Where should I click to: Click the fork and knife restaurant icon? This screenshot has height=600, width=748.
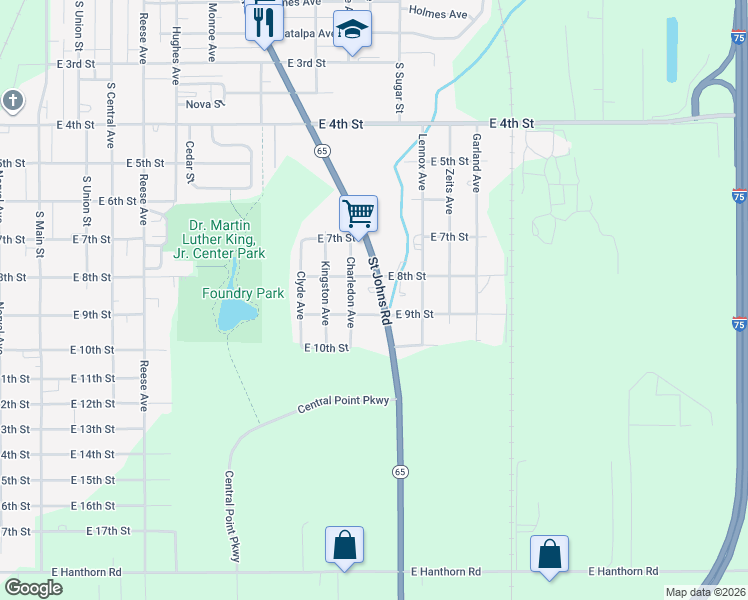[264, 21]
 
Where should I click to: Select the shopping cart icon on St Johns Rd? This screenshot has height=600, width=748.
[358, 212]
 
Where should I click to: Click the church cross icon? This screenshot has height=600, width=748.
[12, 100]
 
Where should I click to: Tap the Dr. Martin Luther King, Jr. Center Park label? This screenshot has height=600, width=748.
[219, 239]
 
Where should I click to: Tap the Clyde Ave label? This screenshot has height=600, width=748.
[300, 295]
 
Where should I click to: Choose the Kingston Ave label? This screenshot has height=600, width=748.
[325, 293]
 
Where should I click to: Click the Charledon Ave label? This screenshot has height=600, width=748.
[350, 292]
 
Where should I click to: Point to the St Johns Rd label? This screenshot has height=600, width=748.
[378, 290]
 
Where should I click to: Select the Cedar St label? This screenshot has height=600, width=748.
[189, 160]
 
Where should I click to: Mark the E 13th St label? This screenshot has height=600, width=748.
[93, 429]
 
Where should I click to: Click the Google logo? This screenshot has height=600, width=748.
[33, 588]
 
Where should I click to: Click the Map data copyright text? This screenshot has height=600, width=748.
[706, 592]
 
